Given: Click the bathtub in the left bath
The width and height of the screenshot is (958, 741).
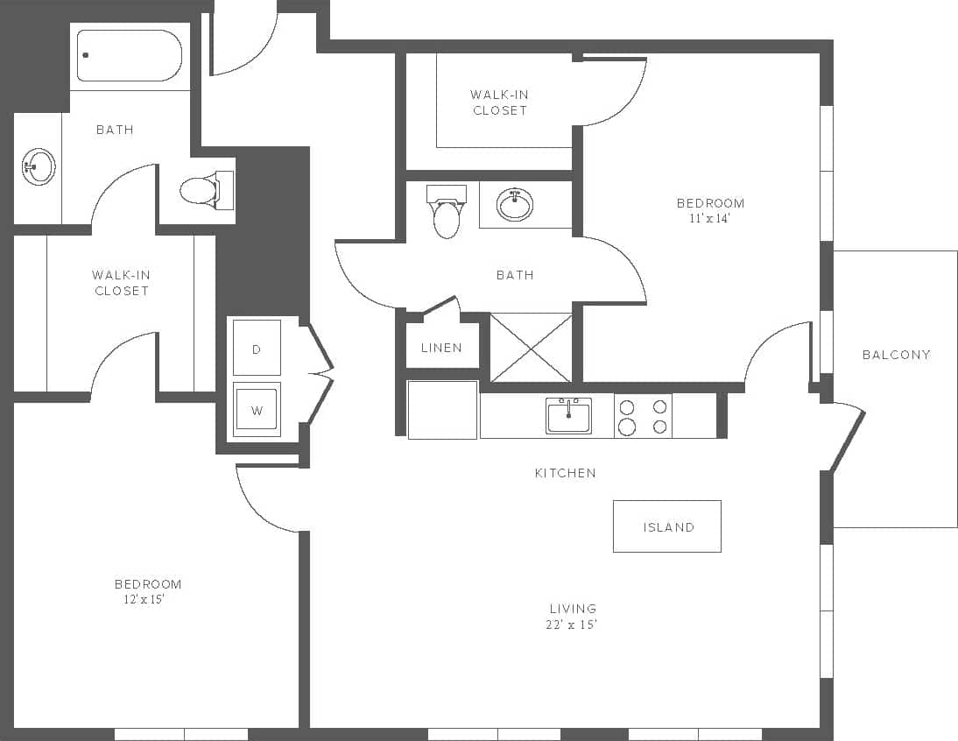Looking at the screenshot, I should point(129,55).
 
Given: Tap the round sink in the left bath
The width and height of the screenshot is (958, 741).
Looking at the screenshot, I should point(38,166).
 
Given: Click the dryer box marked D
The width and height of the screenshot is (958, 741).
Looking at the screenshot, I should point(257,349).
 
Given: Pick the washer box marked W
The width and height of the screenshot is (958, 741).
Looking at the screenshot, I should point(257,409).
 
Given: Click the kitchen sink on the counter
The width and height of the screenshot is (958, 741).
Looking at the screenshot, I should point(568,415).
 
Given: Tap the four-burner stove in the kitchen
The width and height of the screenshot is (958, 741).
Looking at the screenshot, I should point(643,416).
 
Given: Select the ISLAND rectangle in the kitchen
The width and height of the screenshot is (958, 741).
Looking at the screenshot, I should point(667,526).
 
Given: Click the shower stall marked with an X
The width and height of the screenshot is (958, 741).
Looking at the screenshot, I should point(531,348).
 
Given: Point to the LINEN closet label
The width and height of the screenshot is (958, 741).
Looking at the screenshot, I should point(441,348).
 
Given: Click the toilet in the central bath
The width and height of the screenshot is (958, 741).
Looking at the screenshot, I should point(447,214).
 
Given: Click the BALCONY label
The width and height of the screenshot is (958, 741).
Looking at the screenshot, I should point(896,355).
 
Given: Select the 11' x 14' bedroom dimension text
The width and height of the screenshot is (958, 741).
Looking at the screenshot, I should point(709,219).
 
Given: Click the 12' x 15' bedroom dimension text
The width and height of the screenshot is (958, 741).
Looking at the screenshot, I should point(144,600).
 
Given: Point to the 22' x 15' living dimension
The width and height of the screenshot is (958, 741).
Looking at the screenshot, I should point(573,625).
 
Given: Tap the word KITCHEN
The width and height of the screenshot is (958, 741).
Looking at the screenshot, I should point(566,473).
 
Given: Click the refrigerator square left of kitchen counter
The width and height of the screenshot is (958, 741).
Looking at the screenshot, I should point(442,409).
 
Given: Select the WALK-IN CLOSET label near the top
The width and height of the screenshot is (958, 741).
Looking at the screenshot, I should point(499,102).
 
